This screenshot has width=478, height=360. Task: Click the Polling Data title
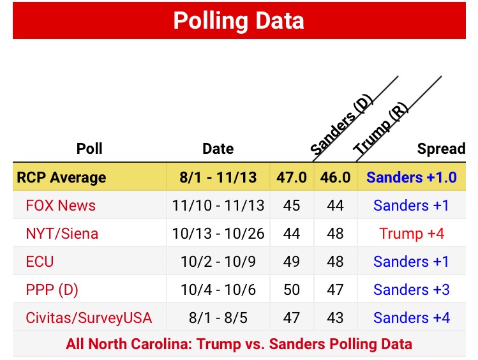click(x=239, y=20)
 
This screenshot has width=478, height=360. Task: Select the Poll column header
click(x=89, y=149)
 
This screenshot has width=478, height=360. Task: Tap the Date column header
click(x=218, y=149)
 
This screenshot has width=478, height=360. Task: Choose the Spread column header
click(x=441, y=149)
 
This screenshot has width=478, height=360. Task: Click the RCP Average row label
click(x=62, y=177)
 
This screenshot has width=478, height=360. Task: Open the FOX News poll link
click(x=61, y=206)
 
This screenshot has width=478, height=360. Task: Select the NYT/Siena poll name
click(x=62, y=234)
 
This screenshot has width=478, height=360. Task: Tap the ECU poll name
click(x=40, y=262)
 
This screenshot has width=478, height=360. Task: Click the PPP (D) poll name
click(x=52, y=290)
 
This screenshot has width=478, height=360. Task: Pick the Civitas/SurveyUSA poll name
click(x=89, y=318)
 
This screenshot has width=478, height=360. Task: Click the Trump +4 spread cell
click(x=412, y=234)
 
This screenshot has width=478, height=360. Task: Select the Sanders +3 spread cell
click(x=412, y=290)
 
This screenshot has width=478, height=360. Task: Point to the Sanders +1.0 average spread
click(x=412, y=177)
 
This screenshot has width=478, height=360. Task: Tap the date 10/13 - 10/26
click(x=218, y=234)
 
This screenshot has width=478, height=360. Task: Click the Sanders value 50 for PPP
click(x=292, y=290)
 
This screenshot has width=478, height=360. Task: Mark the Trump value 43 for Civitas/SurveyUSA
click(x=335, y=318)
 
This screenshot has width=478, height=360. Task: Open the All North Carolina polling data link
click(x=239, y=344)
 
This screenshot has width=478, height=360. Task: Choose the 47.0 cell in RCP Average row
click(x=292, y=177)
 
